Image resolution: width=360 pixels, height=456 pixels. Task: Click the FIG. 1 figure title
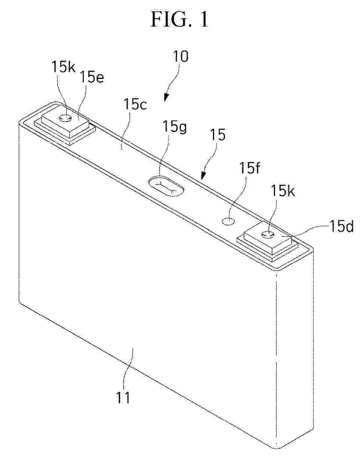tap(179, 19)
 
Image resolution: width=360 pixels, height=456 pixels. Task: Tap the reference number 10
tap(181, 56)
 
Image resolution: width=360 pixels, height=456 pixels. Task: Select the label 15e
tap(92, 78)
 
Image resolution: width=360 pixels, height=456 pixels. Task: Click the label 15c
tap(135, 104)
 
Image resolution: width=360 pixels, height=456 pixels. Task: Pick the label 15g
tap(174, 128)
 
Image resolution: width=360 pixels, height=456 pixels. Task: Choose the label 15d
tap(341, 226)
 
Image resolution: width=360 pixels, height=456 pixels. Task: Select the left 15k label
tap(64, 67)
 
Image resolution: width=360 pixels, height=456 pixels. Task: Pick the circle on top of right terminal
tap(268, 234)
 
